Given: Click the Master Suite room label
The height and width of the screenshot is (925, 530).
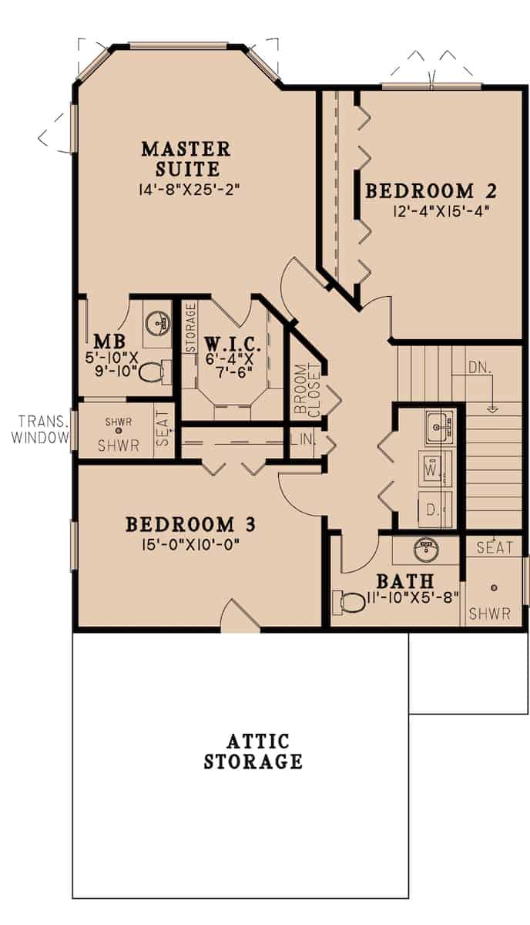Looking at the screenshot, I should (186, 158).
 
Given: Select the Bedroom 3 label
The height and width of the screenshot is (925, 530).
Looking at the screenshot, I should (190, 524).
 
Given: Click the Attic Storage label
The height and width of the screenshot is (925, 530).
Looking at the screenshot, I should (253, 752).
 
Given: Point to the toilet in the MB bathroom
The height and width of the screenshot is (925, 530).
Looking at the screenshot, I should (152, 372).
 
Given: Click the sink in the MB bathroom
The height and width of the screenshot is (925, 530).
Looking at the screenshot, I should (157, 322).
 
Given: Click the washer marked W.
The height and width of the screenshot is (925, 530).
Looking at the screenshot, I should (432, 468).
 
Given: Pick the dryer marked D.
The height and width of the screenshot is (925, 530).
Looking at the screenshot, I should (432, 510).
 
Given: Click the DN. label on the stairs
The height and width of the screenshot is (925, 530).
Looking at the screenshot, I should (478, 368).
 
